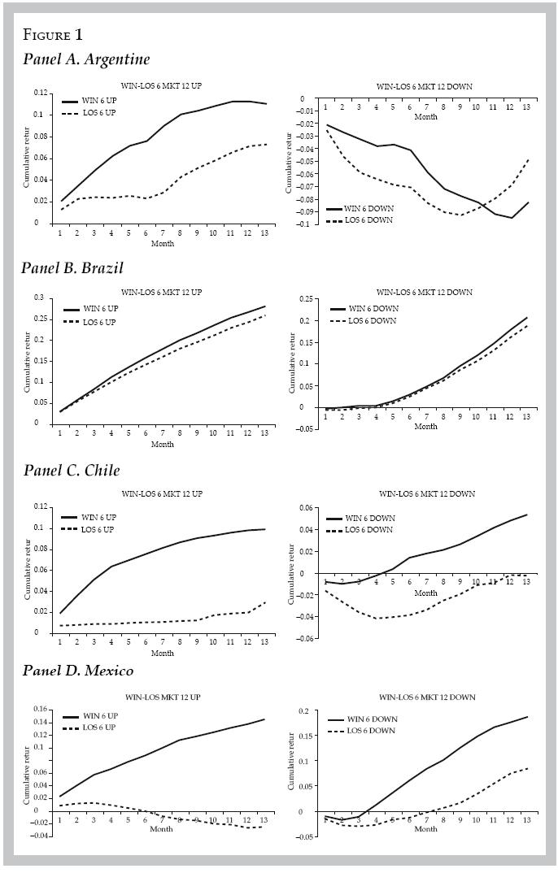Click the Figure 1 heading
tap(53, 35)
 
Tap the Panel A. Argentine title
tap(86, 59)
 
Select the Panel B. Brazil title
tap(73, 267)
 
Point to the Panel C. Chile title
tap(72, 471)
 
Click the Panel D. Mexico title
tap(77, 671)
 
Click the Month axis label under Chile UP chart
tap(162, 653)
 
